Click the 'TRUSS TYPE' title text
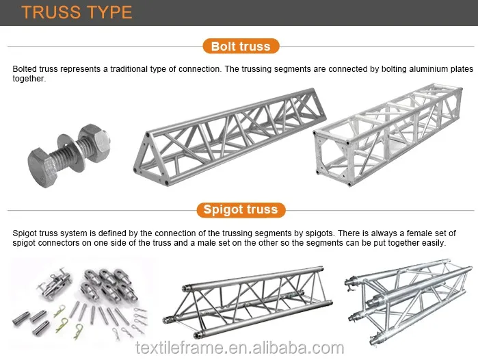click(x=77, y=12)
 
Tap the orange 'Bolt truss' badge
click(x=240, y=47)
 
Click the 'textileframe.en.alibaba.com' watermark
click(x=239, y=347)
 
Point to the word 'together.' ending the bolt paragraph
click(x=29, y=79)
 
